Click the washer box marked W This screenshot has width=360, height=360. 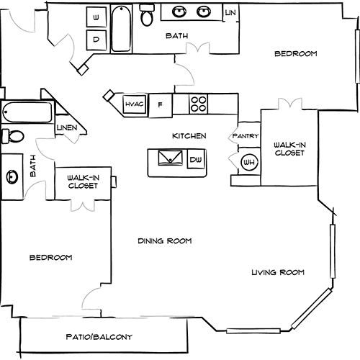96,17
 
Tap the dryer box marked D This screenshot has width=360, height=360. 96,40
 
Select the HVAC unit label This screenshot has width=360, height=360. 134,104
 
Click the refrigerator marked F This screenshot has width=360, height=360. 161,105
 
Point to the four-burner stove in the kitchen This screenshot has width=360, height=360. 199,104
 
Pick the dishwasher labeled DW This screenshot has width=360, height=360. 196,159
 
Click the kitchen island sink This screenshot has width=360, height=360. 170,158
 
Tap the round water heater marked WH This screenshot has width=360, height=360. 249,163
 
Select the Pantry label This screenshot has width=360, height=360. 246,136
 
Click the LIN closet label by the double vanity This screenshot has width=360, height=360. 230,13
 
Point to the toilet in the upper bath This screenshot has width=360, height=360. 147,14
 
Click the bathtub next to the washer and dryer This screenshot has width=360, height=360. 121,29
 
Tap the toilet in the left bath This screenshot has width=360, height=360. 13,136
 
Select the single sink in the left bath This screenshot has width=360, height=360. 12,177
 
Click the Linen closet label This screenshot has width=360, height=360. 67,127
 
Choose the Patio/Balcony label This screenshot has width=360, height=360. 99,337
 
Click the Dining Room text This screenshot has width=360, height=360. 165,240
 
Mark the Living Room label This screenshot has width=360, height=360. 278,272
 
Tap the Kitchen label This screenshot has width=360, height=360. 189,136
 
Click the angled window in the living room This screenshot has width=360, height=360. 312,309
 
